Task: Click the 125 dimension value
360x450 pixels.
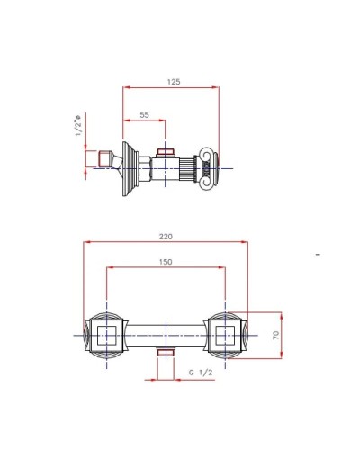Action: pyautogui.click(x=174, y=81)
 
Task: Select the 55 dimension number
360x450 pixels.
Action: pyautogui.click(x=144, y=116)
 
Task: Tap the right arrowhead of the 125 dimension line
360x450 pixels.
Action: pyautogui.click(x=216, y=87)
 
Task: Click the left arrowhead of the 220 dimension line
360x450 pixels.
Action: pyautogui.click(x=87, y=242)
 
